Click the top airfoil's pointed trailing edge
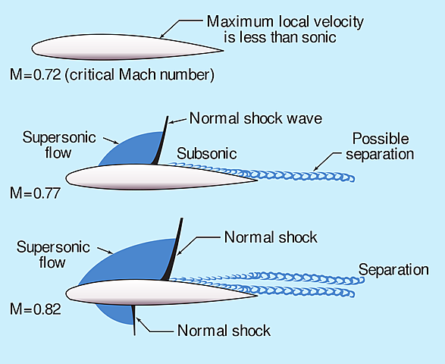point(221,51)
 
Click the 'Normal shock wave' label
point(256,118)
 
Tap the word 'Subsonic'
point(207,154)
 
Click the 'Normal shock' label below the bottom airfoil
point(224,331)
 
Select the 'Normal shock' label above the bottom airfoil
point(271,237)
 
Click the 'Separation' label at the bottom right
point(393,270)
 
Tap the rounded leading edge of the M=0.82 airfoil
point(70,293)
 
